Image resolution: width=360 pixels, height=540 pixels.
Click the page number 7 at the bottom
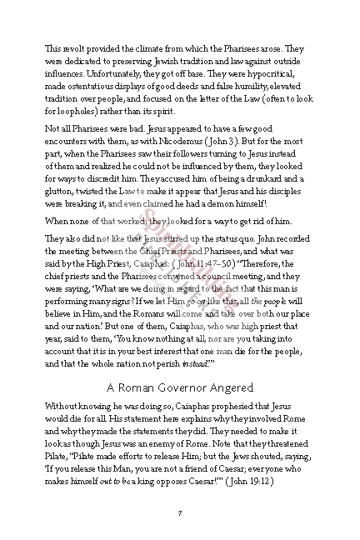tap(179, 512)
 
